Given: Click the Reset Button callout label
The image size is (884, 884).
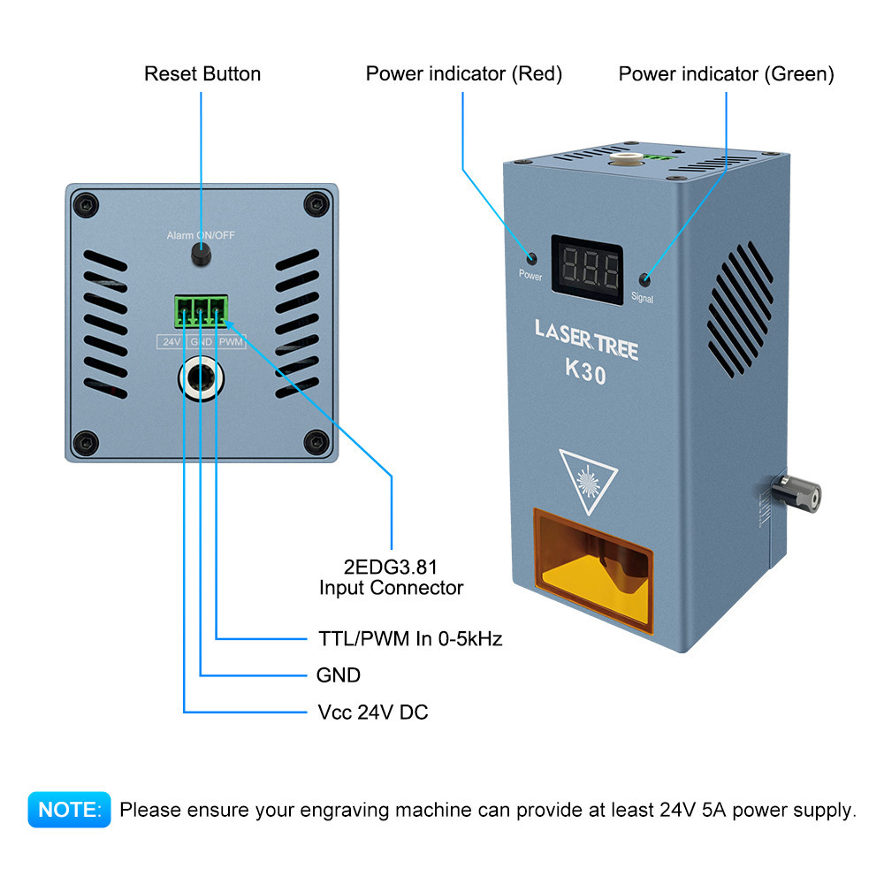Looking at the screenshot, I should [202, 73].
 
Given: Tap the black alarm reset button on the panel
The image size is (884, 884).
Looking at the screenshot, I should [202, 256].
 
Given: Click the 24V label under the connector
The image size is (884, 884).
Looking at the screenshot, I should [170, 341].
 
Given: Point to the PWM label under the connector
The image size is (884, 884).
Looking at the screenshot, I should [231, 341].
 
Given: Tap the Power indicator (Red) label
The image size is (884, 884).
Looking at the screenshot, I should [464, 73].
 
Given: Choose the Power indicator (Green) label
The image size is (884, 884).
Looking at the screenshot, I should [726, 73].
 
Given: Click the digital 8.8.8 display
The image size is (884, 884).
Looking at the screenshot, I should [588, 263].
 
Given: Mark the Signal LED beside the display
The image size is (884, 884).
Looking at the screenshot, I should [645, 280].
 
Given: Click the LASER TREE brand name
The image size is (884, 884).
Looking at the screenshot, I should [586, 339].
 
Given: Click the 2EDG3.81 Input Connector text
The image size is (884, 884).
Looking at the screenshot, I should [391, 576].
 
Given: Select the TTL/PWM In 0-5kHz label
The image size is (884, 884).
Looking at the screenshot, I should [410, 638].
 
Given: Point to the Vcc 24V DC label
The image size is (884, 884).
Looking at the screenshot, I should [372, 712].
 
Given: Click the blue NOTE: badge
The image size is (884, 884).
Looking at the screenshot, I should [69, 809].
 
